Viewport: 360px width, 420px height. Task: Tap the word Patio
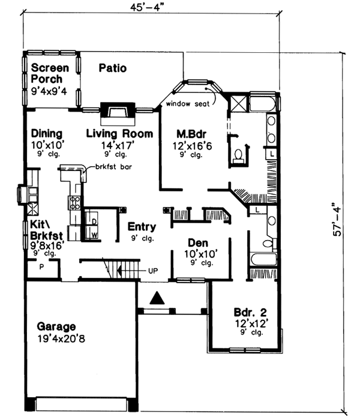tap(113, 68)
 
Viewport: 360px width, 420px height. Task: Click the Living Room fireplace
tap(114, 112)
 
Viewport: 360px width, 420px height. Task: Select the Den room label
tap(197, 243)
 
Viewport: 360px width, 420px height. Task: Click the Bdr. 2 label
tap(250, 313)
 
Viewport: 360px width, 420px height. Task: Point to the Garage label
tap(56, 327)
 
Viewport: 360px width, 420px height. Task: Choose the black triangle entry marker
tap(157, 297)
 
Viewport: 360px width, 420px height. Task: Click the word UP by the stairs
tap(153, 271)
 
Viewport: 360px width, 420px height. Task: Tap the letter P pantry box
tap(41, 266)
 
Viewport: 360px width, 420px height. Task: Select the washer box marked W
tap(94, 235)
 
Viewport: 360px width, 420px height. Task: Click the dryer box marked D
tap(94, 221)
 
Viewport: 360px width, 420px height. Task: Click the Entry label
tap(142, 227)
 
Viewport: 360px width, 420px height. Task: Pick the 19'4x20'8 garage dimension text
tap(56, 338)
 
